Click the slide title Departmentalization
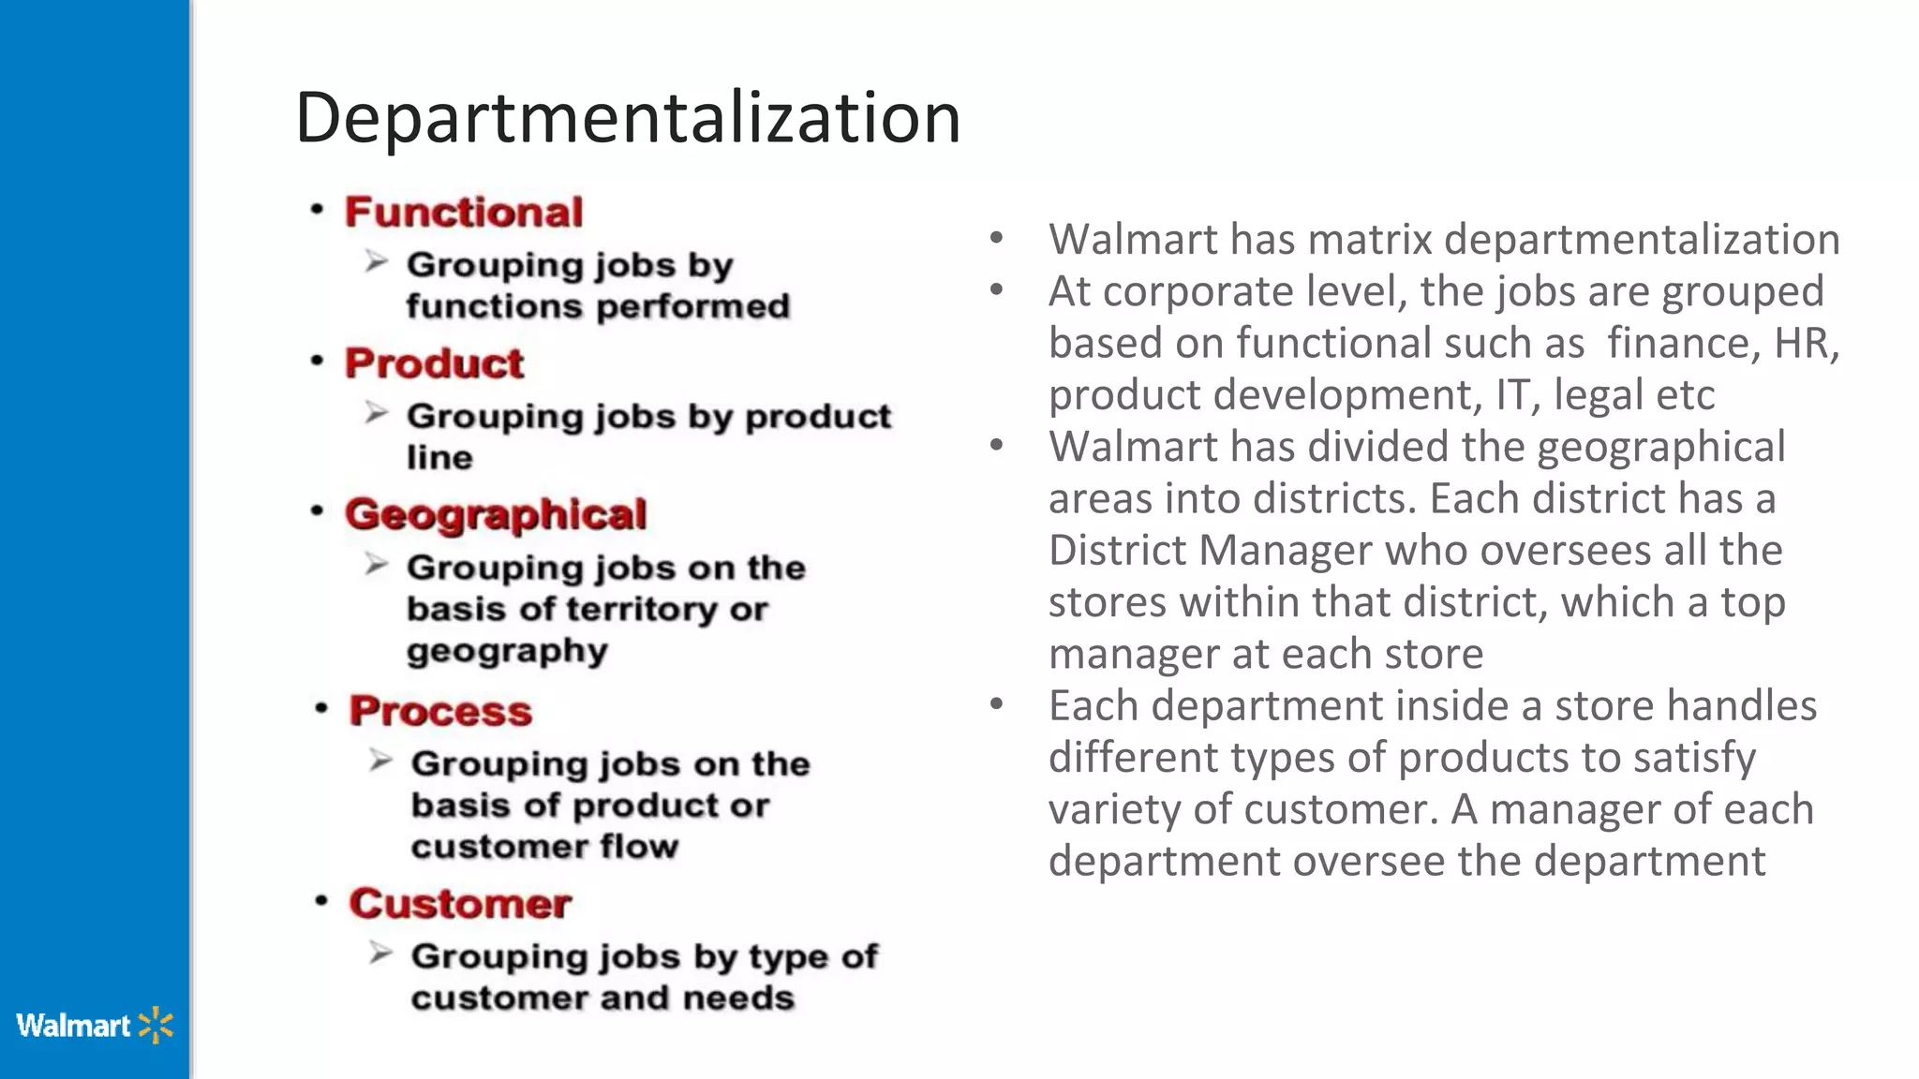click(x=628, y=118)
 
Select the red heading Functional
click(x=464, y=212)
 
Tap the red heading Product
click(x=434, y=363)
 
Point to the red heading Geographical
click(x=496, y=514)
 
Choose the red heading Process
click(x=440, y=711)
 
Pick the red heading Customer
click(x=460, y=904)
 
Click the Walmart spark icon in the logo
click(x=156, y=1026)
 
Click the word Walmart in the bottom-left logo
click(x=73, y=1026)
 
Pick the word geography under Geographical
click(x=507, y=651)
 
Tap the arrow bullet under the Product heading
click(x=376, y=413)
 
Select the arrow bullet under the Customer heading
click(x=379, y=953)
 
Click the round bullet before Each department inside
click(x=996, y=703)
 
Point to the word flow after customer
click(x=639, y=847)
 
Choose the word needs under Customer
click(x=738, y=998)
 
